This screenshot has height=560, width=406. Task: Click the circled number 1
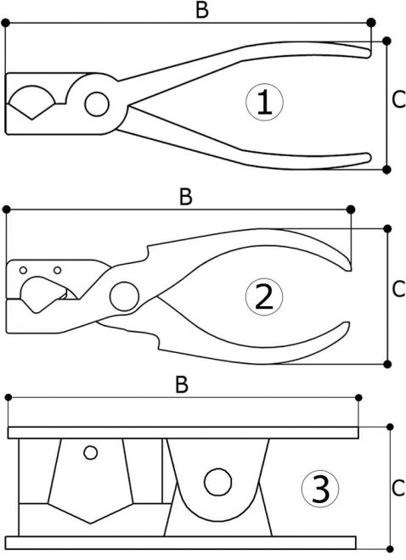click(264, 102)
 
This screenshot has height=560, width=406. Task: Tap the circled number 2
click(264, 297)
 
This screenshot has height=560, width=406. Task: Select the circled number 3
click(320, 489)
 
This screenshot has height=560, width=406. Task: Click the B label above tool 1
click(202, 9)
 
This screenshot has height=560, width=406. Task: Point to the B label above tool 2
click(186, 197)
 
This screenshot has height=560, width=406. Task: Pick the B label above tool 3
click(182, 384)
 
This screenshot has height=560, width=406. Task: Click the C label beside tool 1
click(398, 99)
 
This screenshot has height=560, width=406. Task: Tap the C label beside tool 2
click(398, 289)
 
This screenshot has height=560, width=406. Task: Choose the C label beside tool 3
click(398, 488)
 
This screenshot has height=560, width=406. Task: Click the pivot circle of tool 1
click(97, 104)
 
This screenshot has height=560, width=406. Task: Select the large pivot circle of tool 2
click(124, 296)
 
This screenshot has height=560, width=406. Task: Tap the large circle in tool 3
click(217, 482)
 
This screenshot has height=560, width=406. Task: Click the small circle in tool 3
click(90, 452)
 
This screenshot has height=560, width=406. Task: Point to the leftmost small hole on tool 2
click(23, 271)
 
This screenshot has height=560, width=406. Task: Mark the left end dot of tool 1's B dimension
click(5, 23)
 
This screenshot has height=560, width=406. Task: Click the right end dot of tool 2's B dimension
click(351, 210)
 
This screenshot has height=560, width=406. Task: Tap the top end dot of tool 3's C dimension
click(390, 427)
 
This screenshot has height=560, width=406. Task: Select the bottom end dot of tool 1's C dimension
click(386, 170)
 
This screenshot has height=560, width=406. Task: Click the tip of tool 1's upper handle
click(369, 53)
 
